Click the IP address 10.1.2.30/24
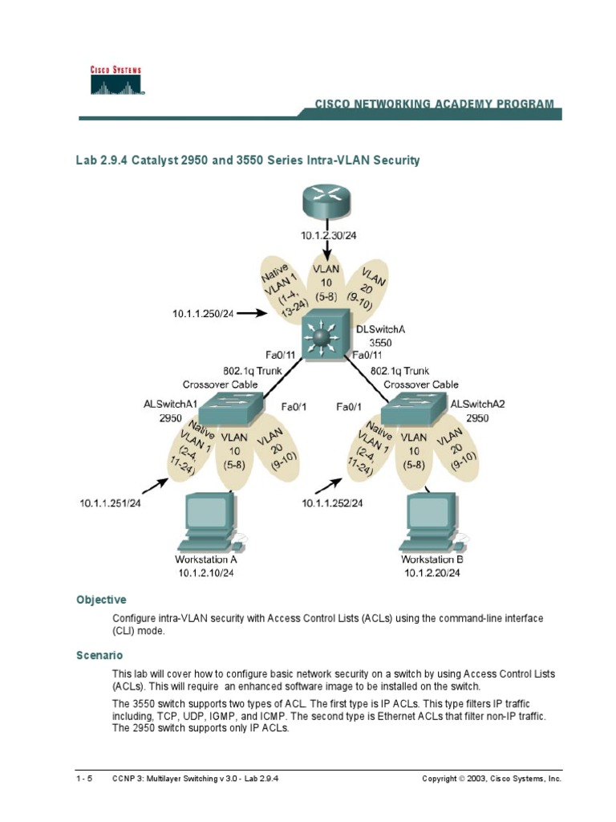[x=329, y=235]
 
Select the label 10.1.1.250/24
[x=202, y=313]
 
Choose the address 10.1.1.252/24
[x=332, y=503]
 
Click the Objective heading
[x=101, y=600]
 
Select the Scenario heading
[x=99, y=655]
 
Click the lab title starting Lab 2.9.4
[x=248, y=161]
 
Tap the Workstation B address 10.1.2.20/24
[x=433, y=573]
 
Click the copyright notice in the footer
[x=492, y=779]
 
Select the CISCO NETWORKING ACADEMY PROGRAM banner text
[x=434, y=104]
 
